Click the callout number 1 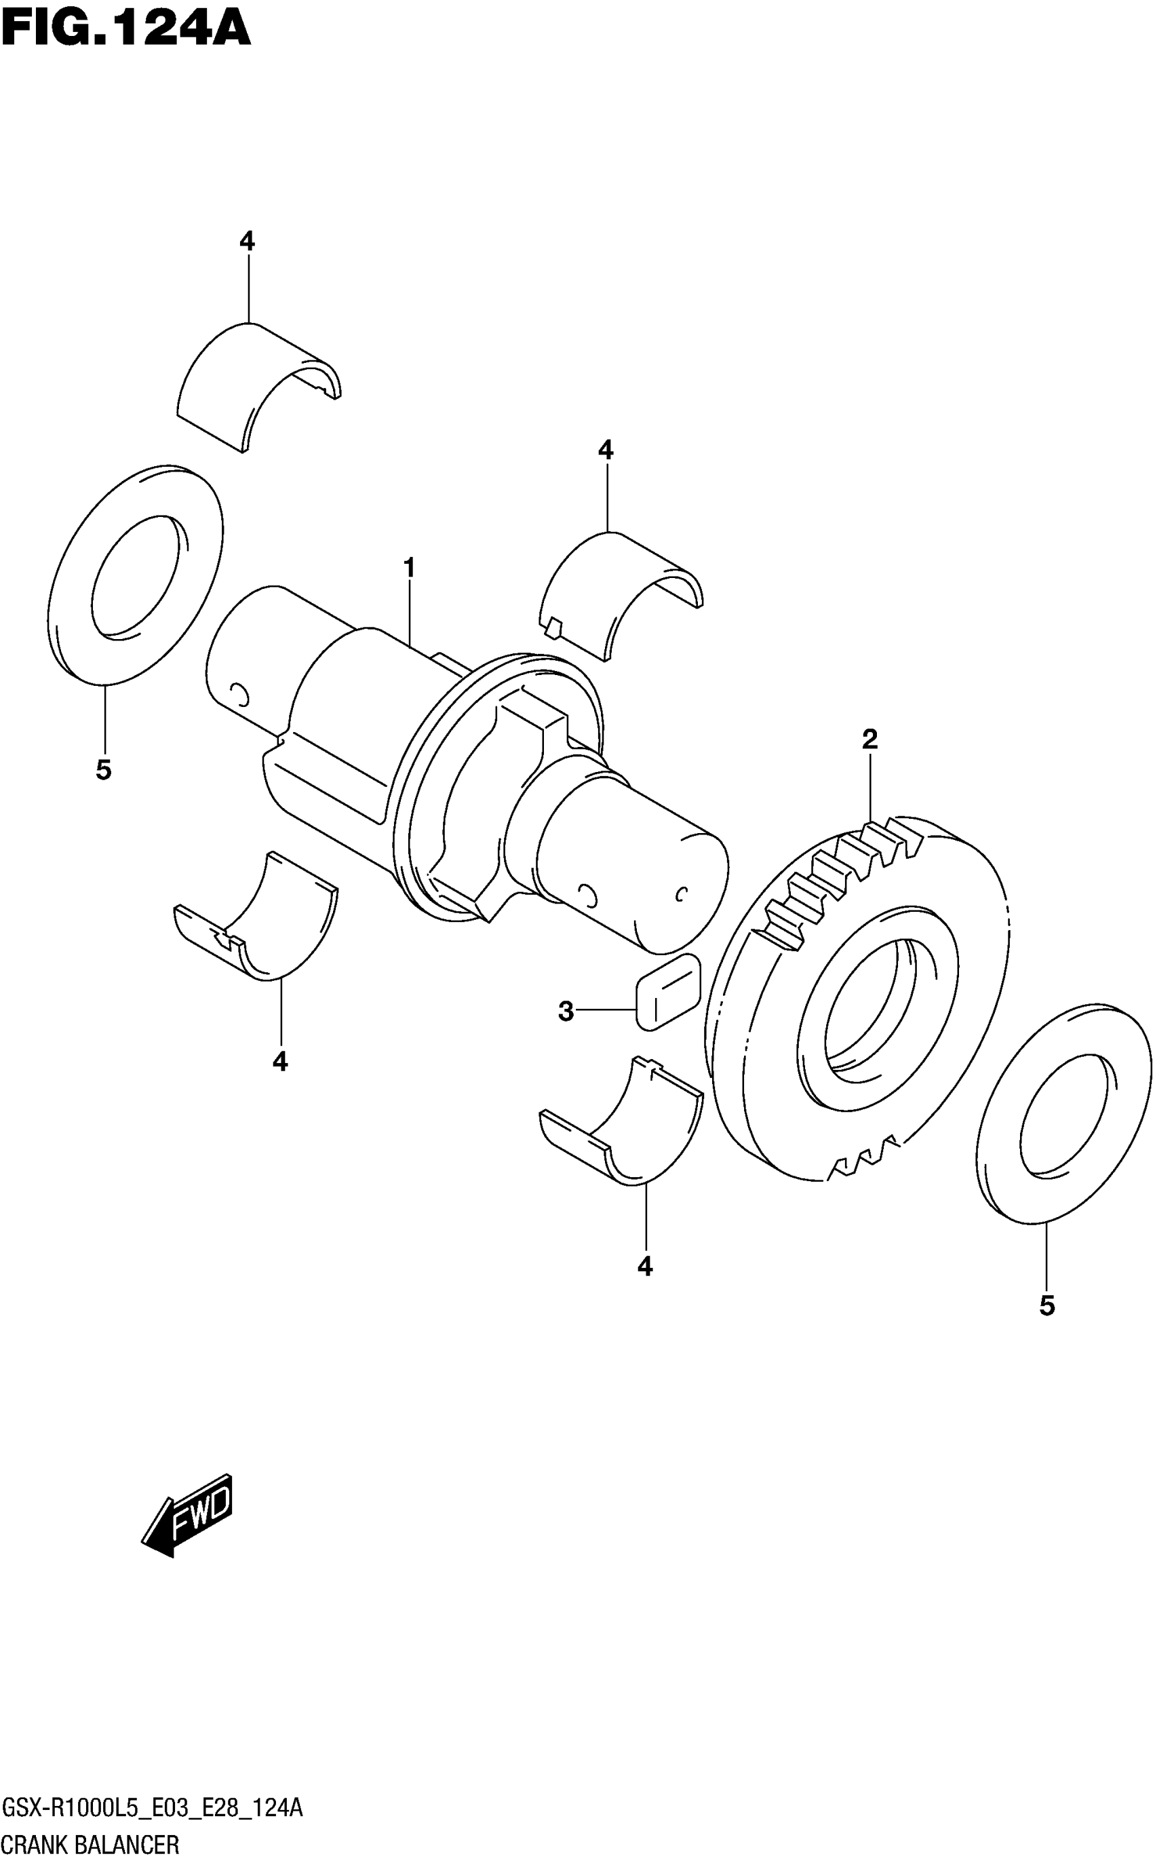click(410, 569)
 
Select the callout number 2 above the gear click(869, 739)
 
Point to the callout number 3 click(565, 1012)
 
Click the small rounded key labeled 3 click(667, 991)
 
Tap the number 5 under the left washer click(104, 770)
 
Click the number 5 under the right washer click(1047, 1307)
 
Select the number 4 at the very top click(246, 242)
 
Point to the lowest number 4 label click(645, 1267)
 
